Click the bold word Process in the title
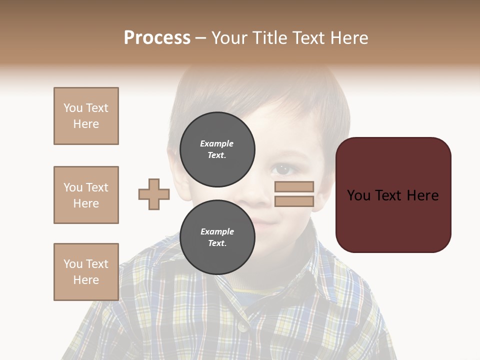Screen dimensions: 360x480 click(157, 38)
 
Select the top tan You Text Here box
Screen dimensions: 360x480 click(86, 116)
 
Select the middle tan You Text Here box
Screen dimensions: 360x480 click(86, 195)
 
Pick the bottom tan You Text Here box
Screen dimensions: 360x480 click(86, 272)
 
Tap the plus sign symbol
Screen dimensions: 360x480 click(154, 194)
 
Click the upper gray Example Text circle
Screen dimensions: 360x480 click(217, 149)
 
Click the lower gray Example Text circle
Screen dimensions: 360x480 click(217, 237)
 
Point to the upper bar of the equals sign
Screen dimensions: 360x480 click(294, 186)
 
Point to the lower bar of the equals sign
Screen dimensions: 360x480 click(294, 201)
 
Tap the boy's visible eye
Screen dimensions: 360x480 click(283, 169)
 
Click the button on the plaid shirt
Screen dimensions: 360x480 click(241, 326)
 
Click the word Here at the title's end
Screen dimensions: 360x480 click(348, 38)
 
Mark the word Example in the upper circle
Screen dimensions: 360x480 click(217, 143)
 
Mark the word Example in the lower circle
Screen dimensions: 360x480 click(217, 231)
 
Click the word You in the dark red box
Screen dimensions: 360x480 click(358, 195)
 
